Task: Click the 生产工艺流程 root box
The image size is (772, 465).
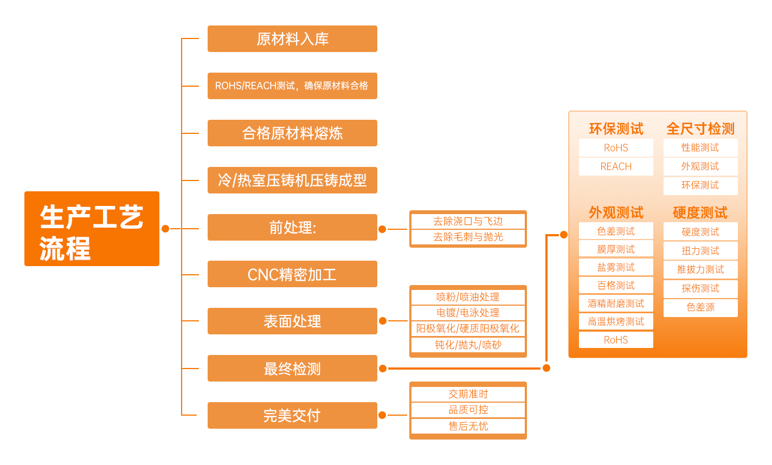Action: coord(92,229)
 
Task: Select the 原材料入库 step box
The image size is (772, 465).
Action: coord(292,39)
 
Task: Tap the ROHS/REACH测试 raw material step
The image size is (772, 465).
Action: coord(292,86)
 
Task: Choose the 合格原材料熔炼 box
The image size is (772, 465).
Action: coord(292,133)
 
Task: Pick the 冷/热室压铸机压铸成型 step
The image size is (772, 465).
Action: coord(292,180)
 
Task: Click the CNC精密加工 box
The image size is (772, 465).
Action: coord(292,274)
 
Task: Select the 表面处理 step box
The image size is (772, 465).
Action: coord(292,321)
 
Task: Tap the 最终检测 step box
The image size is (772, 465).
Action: coord(292,369)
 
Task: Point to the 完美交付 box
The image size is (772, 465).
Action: coord(292,416)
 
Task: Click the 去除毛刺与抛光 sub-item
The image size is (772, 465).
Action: coord(468,237)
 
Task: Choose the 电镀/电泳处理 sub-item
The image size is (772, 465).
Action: coord(468,313)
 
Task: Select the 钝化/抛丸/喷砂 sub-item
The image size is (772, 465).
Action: coord(468,345)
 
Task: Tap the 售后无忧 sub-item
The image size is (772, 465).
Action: coord(468,426)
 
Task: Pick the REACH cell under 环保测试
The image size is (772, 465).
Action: coord(616,166)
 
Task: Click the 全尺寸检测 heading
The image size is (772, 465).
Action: coord(700,129)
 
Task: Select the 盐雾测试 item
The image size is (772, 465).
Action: coord(616,267)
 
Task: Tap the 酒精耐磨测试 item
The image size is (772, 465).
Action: coord(616,303)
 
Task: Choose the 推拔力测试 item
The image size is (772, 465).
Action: coord(700,269)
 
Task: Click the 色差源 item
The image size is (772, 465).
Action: coord(700,307)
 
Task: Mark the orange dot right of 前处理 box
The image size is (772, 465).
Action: coord(382,229)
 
